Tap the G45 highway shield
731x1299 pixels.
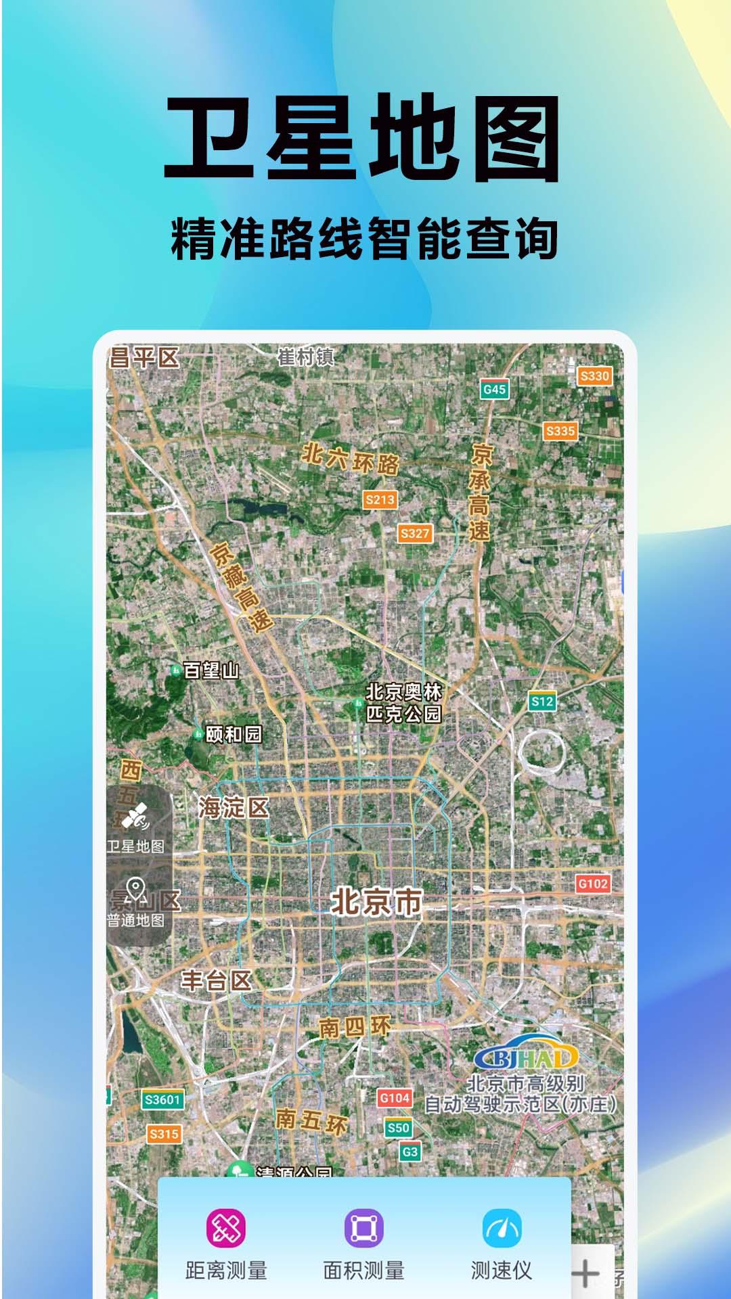(495, 389)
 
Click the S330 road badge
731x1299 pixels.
(594, 376)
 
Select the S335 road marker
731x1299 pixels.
(560, 431)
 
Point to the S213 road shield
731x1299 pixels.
(380, 500)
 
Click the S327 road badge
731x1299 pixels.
(415, 533)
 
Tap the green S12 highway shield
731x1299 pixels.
(542, 702)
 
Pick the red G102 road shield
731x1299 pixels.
(593, 884)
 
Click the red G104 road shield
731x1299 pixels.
(395, 1098)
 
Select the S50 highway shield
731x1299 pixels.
(398, 1127)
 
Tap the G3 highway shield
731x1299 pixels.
(410, 1152)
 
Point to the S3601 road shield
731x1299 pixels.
(162, 1100)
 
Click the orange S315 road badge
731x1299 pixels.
(164, 1134)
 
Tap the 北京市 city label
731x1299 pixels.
(376, 903)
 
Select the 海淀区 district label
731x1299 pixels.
(233, 807)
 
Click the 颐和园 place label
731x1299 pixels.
(234, 734)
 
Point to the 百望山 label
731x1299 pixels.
(211, 670)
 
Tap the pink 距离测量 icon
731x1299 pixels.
(226, 1228)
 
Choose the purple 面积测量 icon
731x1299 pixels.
(364, 1228)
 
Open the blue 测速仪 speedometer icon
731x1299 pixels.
(502, 1228)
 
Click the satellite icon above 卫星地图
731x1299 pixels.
(135, 817)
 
